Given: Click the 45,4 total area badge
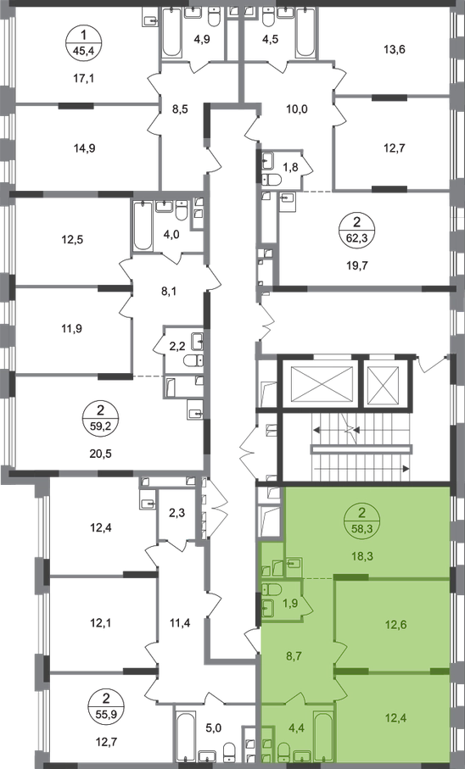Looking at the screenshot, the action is click(83, 43).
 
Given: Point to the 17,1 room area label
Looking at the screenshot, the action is click(83, 79).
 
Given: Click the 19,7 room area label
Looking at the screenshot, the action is click(357, 266).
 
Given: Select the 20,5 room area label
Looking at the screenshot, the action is click(102, 454).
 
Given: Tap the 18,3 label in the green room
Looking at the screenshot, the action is click(361, 556).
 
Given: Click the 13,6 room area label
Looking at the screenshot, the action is click(395, 49).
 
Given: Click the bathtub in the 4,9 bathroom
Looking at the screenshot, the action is click(171, 32).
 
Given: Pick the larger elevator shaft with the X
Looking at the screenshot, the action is click(322, 381).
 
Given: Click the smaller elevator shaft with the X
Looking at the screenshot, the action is click(384, 381).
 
